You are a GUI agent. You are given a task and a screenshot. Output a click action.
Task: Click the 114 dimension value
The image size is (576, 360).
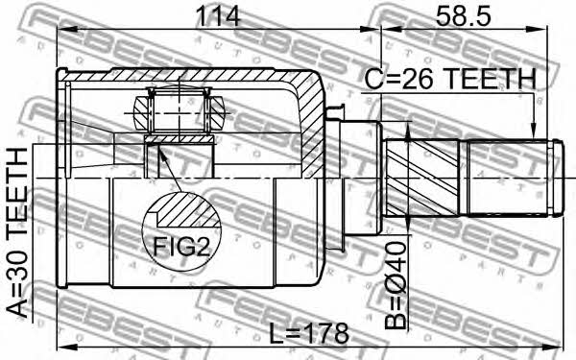point(218,16)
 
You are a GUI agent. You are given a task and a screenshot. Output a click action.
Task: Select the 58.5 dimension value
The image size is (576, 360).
point(464,16)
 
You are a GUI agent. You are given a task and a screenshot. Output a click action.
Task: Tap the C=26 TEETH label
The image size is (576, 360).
point(450,80)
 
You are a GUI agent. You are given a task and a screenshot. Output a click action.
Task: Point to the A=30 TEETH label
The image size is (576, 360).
point(17,232)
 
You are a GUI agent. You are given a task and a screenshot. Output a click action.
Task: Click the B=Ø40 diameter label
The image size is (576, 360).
point(396,285)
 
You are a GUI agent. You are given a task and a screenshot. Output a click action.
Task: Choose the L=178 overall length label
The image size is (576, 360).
point(308,333)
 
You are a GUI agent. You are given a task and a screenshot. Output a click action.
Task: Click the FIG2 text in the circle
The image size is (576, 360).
point(181,247)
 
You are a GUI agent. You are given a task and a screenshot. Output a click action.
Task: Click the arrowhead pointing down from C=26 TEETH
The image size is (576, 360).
point(532,132)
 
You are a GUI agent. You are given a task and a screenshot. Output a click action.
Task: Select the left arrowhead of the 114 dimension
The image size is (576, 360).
point(64,30)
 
